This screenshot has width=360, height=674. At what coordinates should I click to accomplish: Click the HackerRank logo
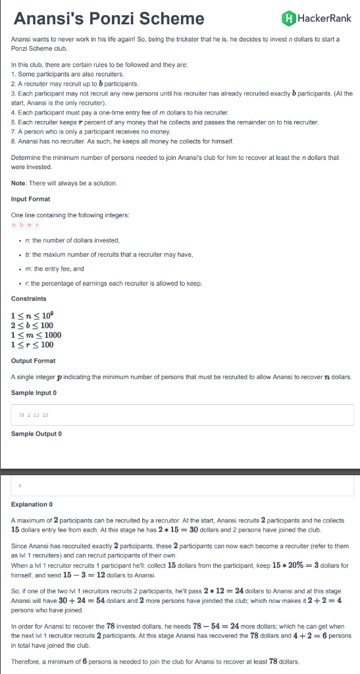coord(316,18)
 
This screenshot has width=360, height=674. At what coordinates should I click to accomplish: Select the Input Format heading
coord(31,199)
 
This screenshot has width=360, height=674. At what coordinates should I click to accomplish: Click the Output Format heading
coord(34,361)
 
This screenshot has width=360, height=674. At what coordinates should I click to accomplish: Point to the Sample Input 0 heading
coord(34,392)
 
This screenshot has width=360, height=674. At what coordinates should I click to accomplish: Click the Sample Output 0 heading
coord(36,433)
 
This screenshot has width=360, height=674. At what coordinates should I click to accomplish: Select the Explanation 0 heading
coord(32,505)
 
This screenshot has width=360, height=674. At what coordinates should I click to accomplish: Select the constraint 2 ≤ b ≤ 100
coord(32,325)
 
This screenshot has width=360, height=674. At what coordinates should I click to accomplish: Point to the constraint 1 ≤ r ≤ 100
coord(32,344)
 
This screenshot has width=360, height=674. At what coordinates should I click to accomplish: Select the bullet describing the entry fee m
coord(55,269)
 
